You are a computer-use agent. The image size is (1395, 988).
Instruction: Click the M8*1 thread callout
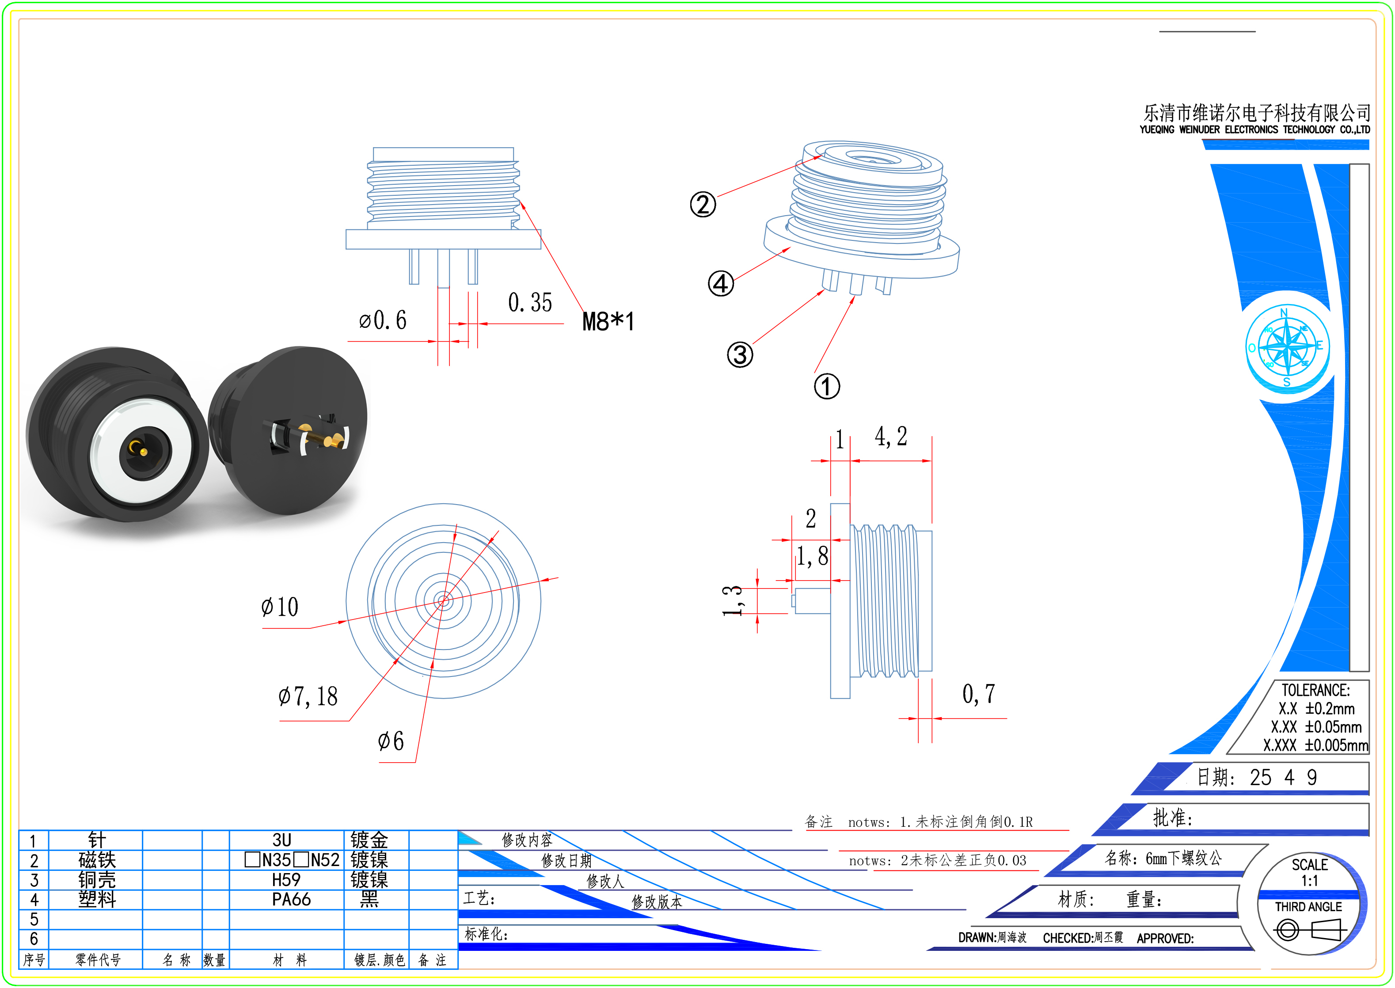coord(608,321)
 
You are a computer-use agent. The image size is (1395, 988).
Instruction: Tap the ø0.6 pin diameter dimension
coord(383,320)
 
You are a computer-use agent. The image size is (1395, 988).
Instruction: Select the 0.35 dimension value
coord(530,302)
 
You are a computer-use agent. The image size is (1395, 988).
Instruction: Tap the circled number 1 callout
coord(827,386)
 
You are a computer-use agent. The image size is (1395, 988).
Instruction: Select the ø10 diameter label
coord(280,607)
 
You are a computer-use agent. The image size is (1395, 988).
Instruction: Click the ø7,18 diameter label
coord(308,696)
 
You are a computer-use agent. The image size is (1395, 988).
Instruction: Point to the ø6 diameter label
coord(391,741)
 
